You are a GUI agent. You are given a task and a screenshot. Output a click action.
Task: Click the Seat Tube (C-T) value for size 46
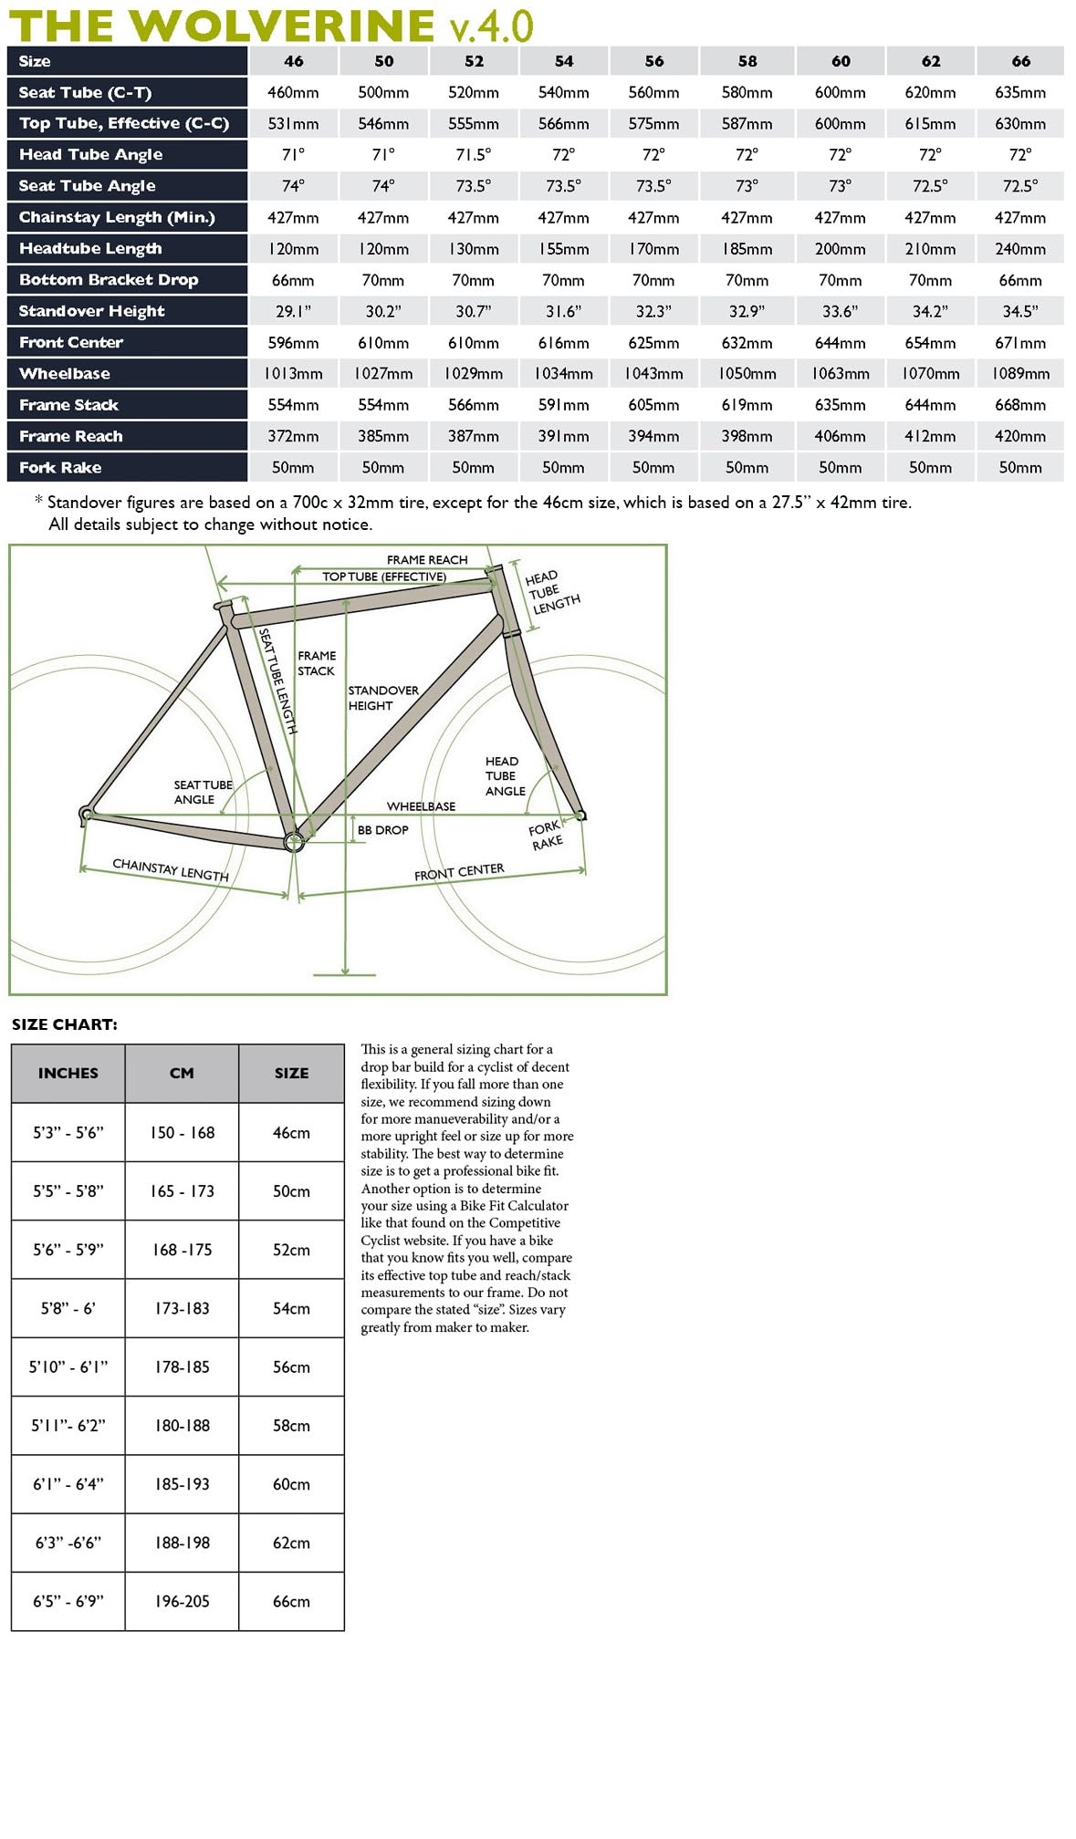[293, 92]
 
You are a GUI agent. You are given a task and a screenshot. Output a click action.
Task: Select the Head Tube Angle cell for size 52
[473, 155]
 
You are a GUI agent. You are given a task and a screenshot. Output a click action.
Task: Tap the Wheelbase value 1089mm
[1020, 374]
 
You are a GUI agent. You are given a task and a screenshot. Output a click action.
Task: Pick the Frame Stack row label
[69, 405]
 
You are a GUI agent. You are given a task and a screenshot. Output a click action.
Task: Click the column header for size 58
[747, 61]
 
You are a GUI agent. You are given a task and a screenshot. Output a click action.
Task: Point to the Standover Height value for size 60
[840, 311]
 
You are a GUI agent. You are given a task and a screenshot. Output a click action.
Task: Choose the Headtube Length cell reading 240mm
[1020, 249]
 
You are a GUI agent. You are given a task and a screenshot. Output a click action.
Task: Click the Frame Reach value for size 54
[563, 436]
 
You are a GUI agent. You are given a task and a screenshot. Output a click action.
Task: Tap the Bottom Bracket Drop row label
[109, 280]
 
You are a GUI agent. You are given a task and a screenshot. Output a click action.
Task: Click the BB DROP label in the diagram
[382, 830]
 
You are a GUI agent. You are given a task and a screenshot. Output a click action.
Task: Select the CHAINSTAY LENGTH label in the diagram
[171, 869]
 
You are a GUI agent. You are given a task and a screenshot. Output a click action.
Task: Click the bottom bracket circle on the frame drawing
[294, 842]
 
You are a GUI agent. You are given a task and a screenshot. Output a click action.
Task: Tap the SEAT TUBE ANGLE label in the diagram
[202, 792]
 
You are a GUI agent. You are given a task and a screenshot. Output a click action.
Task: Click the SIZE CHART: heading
[65, 1024]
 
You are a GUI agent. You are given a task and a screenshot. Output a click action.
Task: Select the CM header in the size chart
[182, 1073]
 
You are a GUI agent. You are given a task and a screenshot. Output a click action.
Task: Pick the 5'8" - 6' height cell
[68, 1308]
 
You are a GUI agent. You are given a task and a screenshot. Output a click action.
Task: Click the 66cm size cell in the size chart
[291, 1601]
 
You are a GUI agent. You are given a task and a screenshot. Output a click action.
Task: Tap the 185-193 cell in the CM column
[182, 1484]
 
